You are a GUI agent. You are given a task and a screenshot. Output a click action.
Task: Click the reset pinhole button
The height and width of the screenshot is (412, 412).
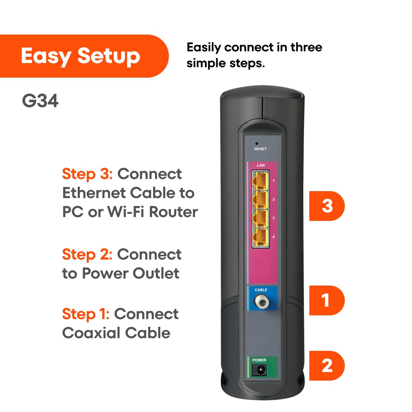[257, 144]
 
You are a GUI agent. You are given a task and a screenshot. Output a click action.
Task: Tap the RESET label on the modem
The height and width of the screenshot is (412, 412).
[260, 149]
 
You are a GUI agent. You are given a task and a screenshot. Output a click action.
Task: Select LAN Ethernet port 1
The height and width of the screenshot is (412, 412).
[260, 181]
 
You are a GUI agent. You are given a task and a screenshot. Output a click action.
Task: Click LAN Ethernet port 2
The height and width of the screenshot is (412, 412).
[260, 200]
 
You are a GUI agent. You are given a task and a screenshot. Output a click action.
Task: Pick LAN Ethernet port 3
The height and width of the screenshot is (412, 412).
[260, 218]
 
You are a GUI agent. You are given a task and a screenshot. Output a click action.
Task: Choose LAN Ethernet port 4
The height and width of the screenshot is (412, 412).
[260, 237]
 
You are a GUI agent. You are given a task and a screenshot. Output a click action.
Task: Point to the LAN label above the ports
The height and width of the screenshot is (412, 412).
[261, 165]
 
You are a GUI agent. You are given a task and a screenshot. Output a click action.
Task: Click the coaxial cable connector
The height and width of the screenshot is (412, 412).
[262, 302]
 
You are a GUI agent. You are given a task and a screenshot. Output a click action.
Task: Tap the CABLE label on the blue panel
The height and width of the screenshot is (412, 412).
[261, 290]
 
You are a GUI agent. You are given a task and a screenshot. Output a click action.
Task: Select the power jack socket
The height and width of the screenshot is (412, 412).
[259, 370]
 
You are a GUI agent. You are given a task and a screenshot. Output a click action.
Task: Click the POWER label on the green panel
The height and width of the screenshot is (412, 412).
[259, 360]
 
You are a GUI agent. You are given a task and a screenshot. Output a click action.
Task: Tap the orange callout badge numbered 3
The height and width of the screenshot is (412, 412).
[327, 206]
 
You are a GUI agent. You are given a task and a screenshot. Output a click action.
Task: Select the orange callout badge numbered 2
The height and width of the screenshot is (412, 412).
[327, 366]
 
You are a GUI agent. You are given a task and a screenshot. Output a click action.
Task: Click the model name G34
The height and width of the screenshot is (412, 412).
[40, 101]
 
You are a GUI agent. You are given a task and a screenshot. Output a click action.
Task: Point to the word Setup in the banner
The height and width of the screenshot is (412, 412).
[109, 56]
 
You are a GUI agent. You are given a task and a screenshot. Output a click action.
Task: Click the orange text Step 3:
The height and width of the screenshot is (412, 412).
[87, 174]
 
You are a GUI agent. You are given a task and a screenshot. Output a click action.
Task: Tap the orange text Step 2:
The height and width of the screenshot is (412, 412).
[87, 254]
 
